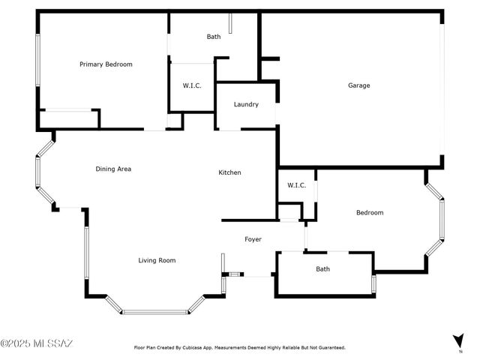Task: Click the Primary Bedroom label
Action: pos(106,64)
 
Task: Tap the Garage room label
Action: pos(358,85)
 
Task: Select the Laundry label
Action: pos(246,104)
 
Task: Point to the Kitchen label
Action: pos(229,172)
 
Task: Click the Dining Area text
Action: pos(113,169)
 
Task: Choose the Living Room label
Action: pos(157,260)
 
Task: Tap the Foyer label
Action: pos(253,239)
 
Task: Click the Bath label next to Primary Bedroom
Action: pos(214,37)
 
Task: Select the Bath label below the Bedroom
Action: pos(322,268)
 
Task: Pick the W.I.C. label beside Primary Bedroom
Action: pos(193,85)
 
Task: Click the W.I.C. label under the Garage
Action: pos(296,185)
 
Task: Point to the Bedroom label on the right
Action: pos(369,212)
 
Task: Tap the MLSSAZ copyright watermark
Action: pos(37,343)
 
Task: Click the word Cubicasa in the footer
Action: pos(203,348)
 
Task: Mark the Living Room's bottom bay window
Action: pos(156,311)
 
